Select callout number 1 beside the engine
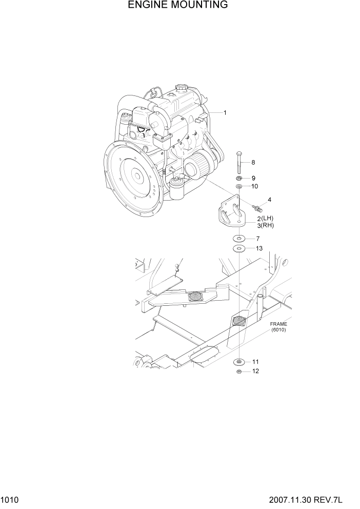pos(225,112)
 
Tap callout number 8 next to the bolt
pos(253,163)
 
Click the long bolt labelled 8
pos(239,163)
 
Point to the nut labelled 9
pos(239,179)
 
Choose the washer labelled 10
pos(239,186)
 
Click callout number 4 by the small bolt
pos(269,200)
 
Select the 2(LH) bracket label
pos(265,218)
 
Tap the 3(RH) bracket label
pos(265,225)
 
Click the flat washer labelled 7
pos(239,239)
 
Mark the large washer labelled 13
pos(239,248)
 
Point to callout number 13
pos(259,248)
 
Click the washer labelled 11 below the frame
pos(239,362)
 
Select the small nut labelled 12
pos(239,371)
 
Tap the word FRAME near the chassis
pos(278,324)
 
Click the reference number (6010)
pos(278,330)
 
